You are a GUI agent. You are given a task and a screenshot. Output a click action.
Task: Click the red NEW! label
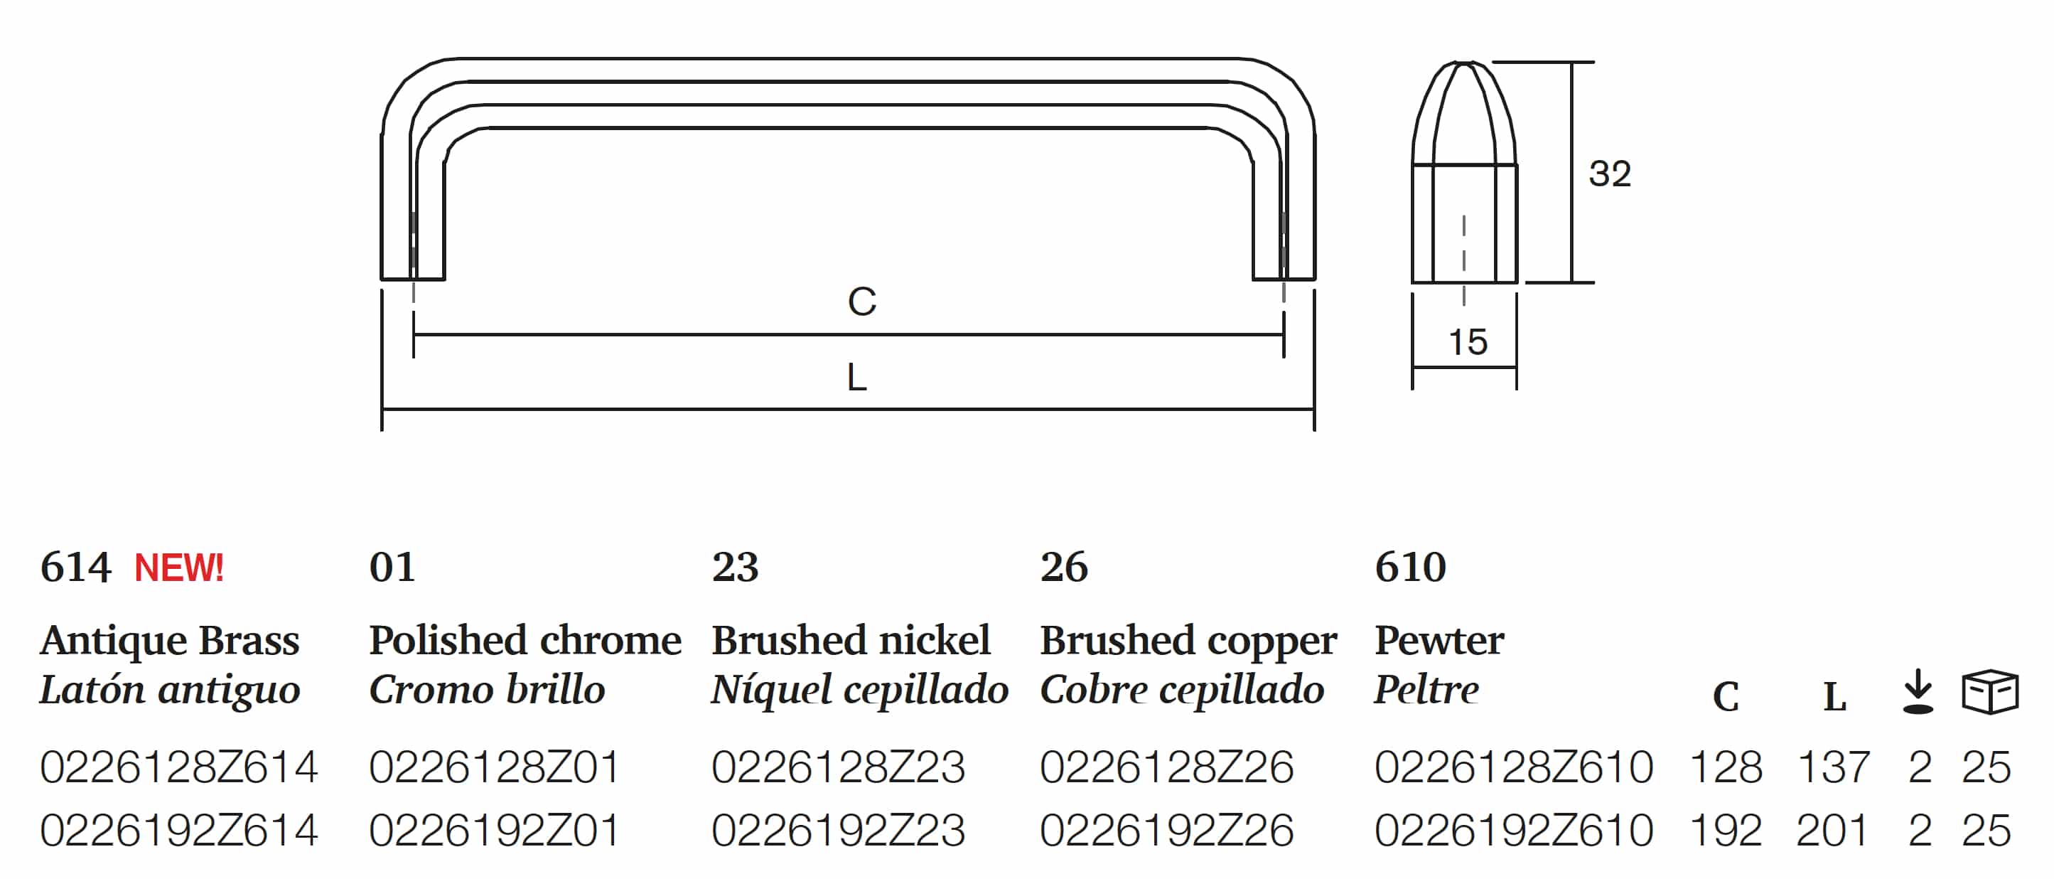click(178, 568)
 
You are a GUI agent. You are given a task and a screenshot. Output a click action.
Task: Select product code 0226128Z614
click(178, 767)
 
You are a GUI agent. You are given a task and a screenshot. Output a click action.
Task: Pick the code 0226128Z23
click(838, 767)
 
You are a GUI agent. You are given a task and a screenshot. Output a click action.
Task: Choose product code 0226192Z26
click(1166, 831)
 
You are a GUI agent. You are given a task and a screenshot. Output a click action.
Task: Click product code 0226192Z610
click(1513, 831)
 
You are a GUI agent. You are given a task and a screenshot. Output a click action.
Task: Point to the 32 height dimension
click(1610, 174)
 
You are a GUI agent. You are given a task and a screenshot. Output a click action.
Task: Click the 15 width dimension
click(1468, 342)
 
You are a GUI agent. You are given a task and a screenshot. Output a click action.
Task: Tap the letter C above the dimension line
click(862, 302)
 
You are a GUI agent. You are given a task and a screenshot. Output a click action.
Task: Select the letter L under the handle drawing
click(857, 376)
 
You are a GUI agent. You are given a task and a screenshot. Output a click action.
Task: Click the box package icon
click(1990, 691)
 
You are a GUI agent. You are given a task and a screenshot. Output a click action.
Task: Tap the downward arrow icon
click(1918, 691)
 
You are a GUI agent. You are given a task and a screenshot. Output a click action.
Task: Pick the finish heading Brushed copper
click(1188, 641)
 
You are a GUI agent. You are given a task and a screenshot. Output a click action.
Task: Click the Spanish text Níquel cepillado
click(859, 689)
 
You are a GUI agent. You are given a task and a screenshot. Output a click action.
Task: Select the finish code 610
click(1410, 567)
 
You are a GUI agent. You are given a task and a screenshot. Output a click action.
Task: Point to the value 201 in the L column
click(1832, 831)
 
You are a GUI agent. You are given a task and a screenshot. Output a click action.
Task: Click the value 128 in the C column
click(1726, 767)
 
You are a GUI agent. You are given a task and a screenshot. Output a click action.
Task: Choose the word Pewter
click(1439, 641)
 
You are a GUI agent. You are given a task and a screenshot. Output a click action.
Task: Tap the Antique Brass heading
click(170, 641)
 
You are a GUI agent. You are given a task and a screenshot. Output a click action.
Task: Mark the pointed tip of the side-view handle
click(1464, 62)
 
